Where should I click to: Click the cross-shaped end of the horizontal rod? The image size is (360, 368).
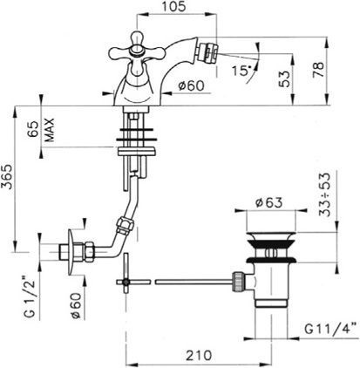click(x=127, y=281)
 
